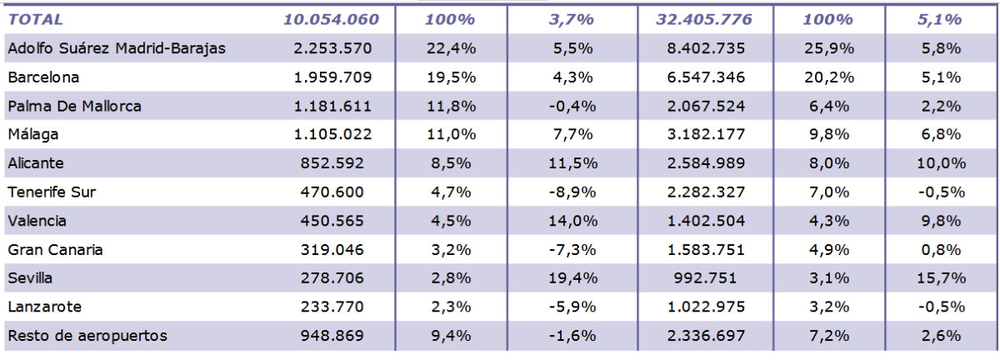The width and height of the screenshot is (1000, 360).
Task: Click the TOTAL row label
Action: pos(35,20)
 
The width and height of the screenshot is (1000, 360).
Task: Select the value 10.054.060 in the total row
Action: pos(332,20)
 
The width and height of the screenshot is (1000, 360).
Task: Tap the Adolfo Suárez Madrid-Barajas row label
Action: pos(117,48)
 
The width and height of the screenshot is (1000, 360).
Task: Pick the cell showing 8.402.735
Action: pos(706,48)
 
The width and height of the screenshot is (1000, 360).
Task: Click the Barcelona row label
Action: pos(43,77)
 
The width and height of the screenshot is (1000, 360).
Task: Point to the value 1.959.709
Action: pos(332,77)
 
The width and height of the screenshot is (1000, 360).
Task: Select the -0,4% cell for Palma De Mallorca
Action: pos(572,107)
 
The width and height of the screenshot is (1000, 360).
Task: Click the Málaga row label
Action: pos(33,134)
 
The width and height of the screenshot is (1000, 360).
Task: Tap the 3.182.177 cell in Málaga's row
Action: pos(706,134)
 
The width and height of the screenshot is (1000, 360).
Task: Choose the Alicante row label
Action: pos(36,163)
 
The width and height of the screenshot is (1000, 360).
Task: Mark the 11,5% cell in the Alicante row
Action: pos(572,163)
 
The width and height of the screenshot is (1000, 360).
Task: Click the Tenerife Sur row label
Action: pos(52,192)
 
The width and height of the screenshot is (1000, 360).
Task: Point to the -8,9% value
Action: pos(572,192)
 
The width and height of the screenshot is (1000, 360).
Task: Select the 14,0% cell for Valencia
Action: pos(572,221)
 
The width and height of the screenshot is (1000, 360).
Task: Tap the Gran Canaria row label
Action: pos(55,249)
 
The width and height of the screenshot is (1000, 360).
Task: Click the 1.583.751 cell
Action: pos(706,250)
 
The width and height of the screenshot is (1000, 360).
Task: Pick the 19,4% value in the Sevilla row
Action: pos(572,278)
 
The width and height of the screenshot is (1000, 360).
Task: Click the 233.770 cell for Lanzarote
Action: pos(332,307)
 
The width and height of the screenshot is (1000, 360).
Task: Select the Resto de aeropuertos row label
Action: pos(87,336)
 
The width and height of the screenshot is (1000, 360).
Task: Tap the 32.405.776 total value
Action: pos(704,20)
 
